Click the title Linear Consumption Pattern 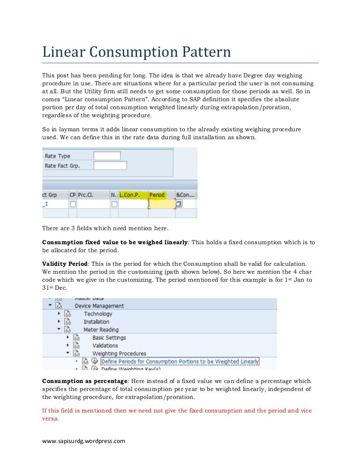[136, 52]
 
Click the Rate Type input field [107, 156]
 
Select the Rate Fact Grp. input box [110, 165]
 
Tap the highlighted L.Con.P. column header [132, 195]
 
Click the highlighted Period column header [157, 195]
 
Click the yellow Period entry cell [162, 204]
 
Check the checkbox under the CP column [73, 204]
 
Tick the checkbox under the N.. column [114, 204]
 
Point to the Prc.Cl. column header [86, 195]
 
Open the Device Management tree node [99, 306]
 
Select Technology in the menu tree [98, 314]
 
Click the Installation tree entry [97, 322]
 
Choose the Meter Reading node [101, 330]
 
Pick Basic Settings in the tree [109, 338]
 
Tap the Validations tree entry [105, 346]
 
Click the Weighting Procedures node [119, 353]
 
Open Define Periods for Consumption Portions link [180, 361]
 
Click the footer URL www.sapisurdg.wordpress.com [84, 441]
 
